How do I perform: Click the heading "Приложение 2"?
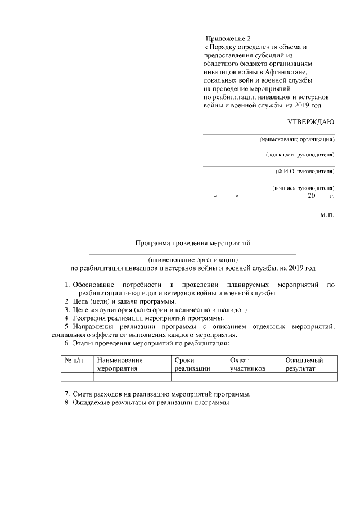click(x=228, y=39)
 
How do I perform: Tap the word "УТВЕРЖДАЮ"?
click(x=311, y=121)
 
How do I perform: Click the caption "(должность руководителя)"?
click(x=300, y=154)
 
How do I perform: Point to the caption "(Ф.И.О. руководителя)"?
click(x=305, y=170)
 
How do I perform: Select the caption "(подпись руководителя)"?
click(x=303, y=188)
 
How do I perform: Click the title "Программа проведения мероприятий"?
click(x=192, y=243)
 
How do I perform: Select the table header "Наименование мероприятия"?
click(x=120, y=364)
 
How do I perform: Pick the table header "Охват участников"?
click(x=247, y=364)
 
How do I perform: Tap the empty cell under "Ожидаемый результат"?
click(x=310, y=377)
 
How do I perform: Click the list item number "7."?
click(x=67, y=394)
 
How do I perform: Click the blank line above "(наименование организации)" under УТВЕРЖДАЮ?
click(x=268, y=134)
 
